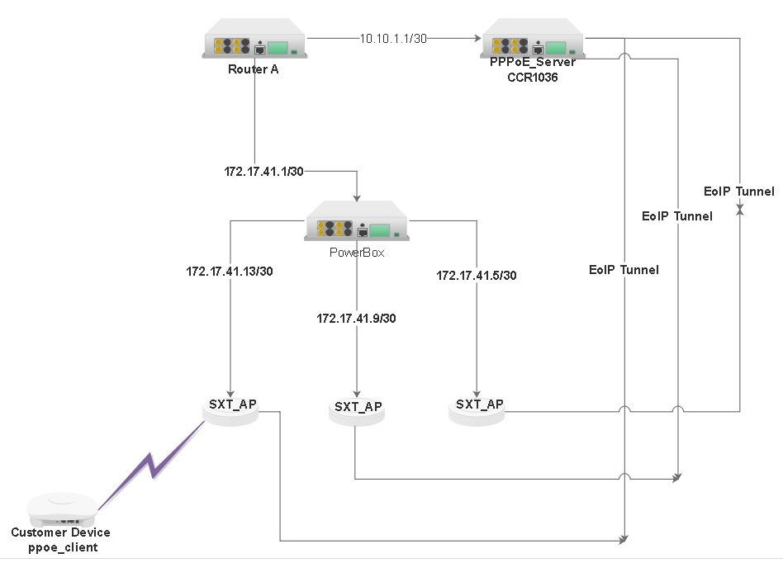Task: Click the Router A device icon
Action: click(x=254, y=46)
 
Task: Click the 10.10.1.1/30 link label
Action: click(x=394, y=38)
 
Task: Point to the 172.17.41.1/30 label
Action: click(x=264, y=172)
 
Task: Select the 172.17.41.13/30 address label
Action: click(x=230, y=270)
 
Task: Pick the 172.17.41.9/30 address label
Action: click(x=356, y=318)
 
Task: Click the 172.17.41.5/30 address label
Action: click(x=477, y=275)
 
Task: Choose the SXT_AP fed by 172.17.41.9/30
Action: click(x=357, y=412)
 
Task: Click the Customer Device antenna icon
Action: click(x=60, y=508)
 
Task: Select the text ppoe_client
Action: click(x=60, y=547)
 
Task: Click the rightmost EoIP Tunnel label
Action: click(x=739, y=192)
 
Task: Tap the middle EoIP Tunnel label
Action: click(x=677, y=216)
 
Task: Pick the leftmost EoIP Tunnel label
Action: click(x=624, y=269)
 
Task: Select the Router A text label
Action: click(x=253, y=69)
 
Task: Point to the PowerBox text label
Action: click(x=357, y=253)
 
